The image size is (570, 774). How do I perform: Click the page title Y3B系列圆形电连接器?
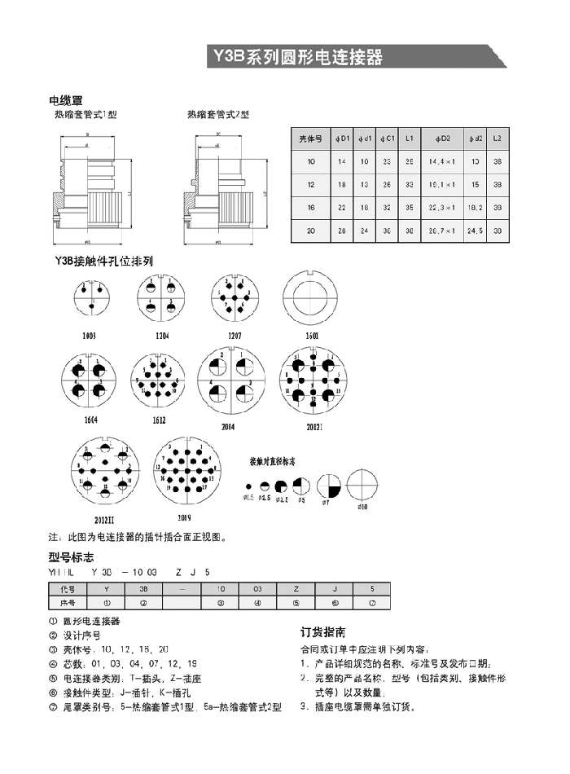pos(298,57)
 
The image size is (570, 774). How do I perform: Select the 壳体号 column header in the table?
pos(310,139)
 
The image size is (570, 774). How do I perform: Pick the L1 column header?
pos(410,139)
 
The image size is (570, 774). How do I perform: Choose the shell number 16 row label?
pos(310,209)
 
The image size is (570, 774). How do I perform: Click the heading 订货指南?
pos(323,632)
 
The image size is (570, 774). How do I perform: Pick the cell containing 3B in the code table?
pos(143,588)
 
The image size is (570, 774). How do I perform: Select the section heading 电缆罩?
pos(66,101)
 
